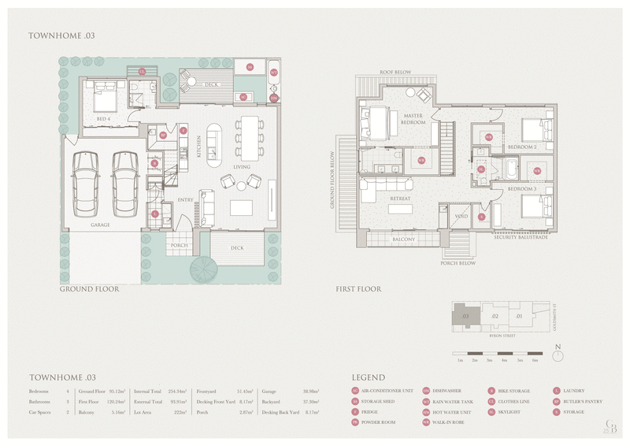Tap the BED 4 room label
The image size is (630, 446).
[102, 119]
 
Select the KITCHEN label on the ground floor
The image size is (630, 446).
[200, 147]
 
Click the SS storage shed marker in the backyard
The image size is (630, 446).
[250, 68]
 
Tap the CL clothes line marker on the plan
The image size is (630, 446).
[143, 72]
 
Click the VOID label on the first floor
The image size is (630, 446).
[461, 216]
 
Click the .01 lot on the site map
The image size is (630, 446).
[519, 317]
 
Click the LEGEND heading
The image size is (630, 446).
[368, 377]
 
